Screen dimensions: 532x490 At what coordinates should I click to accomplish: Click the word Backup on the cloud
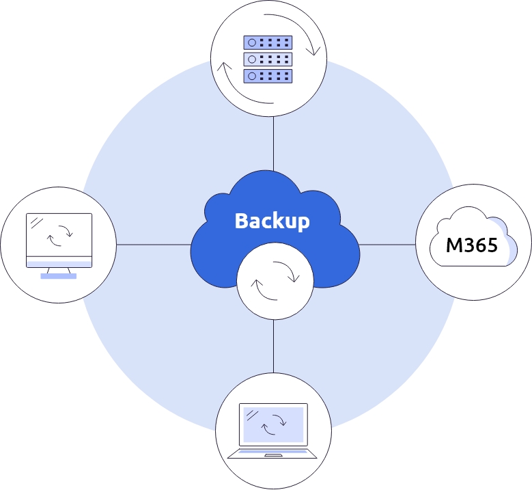[x=272, y=221]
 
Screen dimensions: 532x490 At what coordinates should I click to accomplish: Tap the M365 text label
[x=472, y=245]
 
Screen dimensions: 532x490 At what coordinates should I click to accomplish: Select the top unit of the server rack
[x=268, y=42]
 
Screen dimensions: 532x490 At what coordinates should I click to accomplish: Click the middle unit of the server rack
[x=268, y=59]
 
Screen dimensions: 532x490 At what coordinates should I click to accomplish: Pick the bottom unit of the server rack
[x=268, y=76]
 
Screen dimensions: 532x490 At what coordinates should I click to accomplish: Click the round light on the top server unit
[x=252, y=42]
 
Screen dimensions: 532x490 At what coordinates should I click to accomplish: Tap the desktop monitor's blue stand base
[x=58, y=276]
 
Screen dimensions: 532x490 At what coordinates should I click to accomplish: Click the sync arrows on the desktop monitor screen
[x=59, y=236]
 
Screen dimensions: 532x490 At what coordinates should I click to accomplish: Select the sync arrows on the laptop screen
[x=274, y=424]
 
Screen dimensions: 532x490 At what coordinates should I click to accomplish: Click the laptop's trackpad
[x=273, y=455]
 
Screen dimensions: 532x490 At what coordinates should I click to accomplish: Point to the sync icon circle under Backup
[x=275, y=281]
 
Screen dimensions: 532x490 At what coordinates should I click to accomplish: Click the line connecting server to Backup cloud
[x=273, y=144]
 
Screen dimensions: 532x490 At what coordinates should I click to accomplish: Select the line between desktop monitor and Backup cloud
[x=154, y=245]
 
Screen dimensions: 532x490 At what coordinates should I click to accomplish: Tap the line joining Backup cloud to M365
[x=387, y=245]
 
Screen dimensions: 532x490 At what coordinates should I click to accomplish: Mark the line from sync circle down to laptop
[x=273, y=346]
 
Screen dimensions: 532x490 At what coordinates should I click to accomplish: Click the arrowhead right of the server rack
[x=313, y=52]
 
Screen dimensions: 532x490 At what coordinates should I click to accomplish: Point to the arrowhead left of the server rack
[x=224, y=66]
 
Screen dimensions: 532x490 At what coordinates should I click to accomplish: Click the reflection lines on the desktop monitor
[x=37, y=223]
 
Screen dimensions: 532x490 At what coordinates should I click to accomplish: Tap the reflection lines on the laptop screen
[x=253, y=416]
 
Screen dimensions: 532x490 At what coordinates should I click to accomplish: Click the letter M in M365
[x=453, y=245]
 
